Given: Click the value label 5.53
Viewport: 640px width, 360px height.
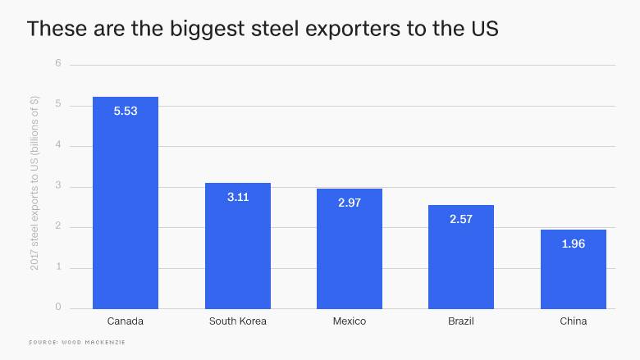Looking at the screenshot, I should [x=126, y=111].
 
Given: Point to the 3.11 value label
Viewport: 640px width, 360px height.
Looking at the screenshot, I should [x=237, y=197].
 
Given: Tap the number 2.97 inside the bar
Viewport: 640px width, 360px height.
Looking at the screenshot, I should [x=350, y=202].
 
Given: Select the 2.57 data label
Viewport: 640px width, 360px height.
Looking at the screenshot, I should [x=461, y=219].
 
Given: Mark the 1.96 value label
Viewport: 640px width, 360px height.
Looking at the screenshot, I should [x=573, y=244].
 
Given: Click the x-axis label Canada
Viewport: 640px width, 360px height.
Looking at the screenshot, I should [x=126, y=321].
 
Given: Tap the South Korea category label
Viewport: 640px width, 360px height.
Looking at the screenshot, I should [x=237, y=321].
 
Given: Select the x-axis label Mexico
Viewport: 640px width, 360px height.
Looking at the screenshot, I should [x=350, y=321].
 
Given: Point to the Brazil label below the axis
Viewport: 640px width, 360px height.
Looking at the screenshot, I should [x=461, y=321].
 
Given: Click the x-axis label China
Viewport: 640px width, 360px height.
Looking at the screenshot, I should [x=573, y=321].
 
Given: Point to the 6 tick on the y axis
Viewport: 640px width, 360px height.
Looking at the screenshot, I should [x=58, y=64].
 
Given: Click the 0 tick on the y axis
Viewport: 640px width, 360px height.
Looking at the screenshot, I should [x=58, y=308].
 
